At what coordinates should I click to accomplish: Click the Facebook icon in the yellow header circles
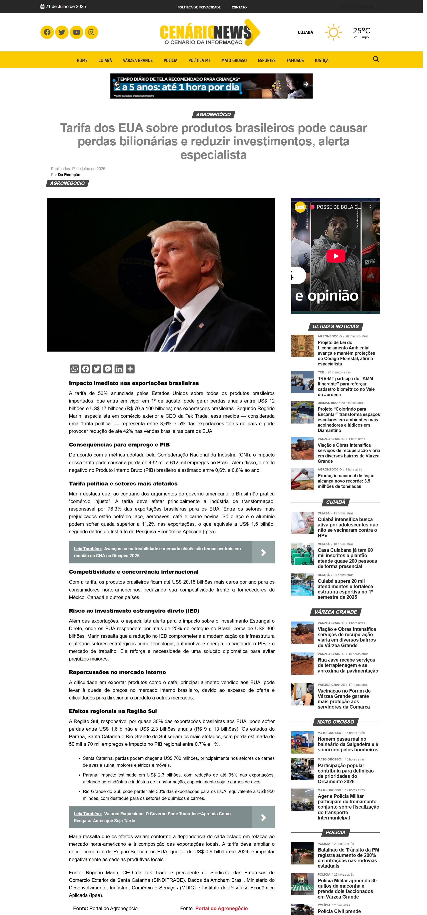(x=47, y=32)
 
